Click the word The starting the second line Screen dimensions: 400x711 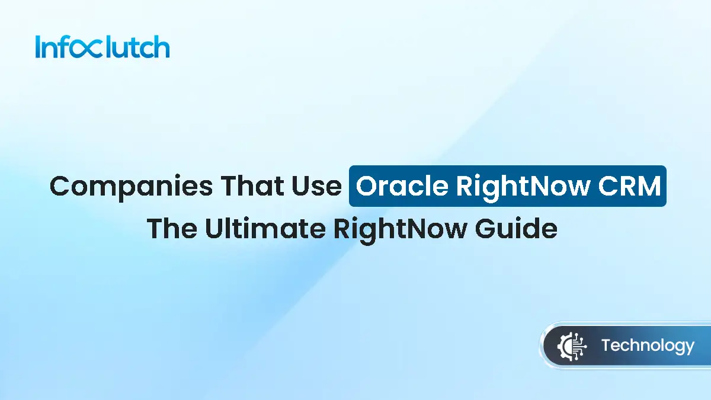click(172, 228)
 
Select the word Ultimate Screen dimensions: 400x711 click(264, 228)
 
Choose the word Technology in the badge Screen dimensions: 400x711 click(647, 345)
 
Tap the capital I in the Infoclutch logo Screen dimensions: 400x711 click(38, 47)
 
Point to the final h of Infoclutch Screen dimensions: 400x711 click(161, 47)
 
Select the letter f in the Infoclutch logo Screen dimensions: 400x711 click(64, 47)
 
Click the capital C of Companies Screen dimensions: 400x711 click(61, 186)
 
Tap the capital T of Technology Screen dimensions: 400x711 click(606, 345)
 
